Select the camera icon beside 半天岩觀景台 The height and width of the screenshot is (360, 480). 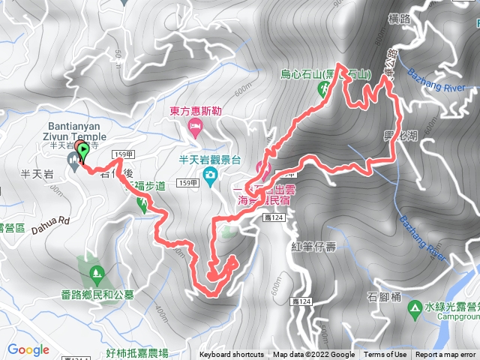pyautogui.click(x=211, y=176)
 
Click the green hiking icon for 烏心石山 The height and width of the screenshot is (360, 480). pyautogui.click(x=324, y=88)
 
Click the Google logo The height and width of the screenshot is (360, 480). pyautogui.click(x=28, y=349)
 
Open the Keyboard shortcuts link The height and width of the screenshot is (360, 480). pyautogui.click(x=231, y=355)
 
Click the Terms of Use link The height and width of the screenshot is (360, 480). pyautogui.click(x=385, y=355)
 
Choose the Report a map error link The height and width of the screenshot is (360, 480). pyautogui.click(x=446, y=355)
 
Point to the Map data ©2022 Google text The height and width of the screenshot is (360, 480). pyautogui.click(x=313, y=355)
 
